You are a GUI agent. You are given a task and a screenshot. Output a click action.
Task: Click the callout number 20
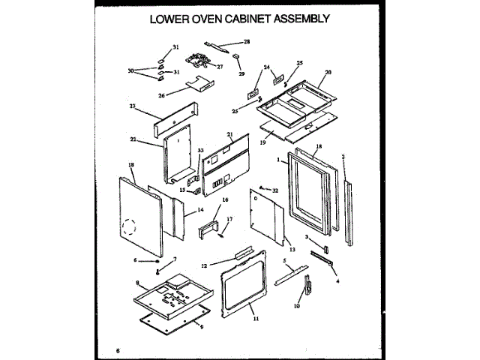coord(327,73)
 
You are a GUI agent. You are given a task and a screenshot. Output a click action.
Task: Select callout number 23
coord(133,106)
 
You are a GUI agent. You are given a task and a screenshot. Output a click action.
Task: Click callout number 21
coord(230,135)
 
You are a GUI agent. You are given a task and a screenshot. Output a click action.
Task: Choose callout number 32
coord(275,190)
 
